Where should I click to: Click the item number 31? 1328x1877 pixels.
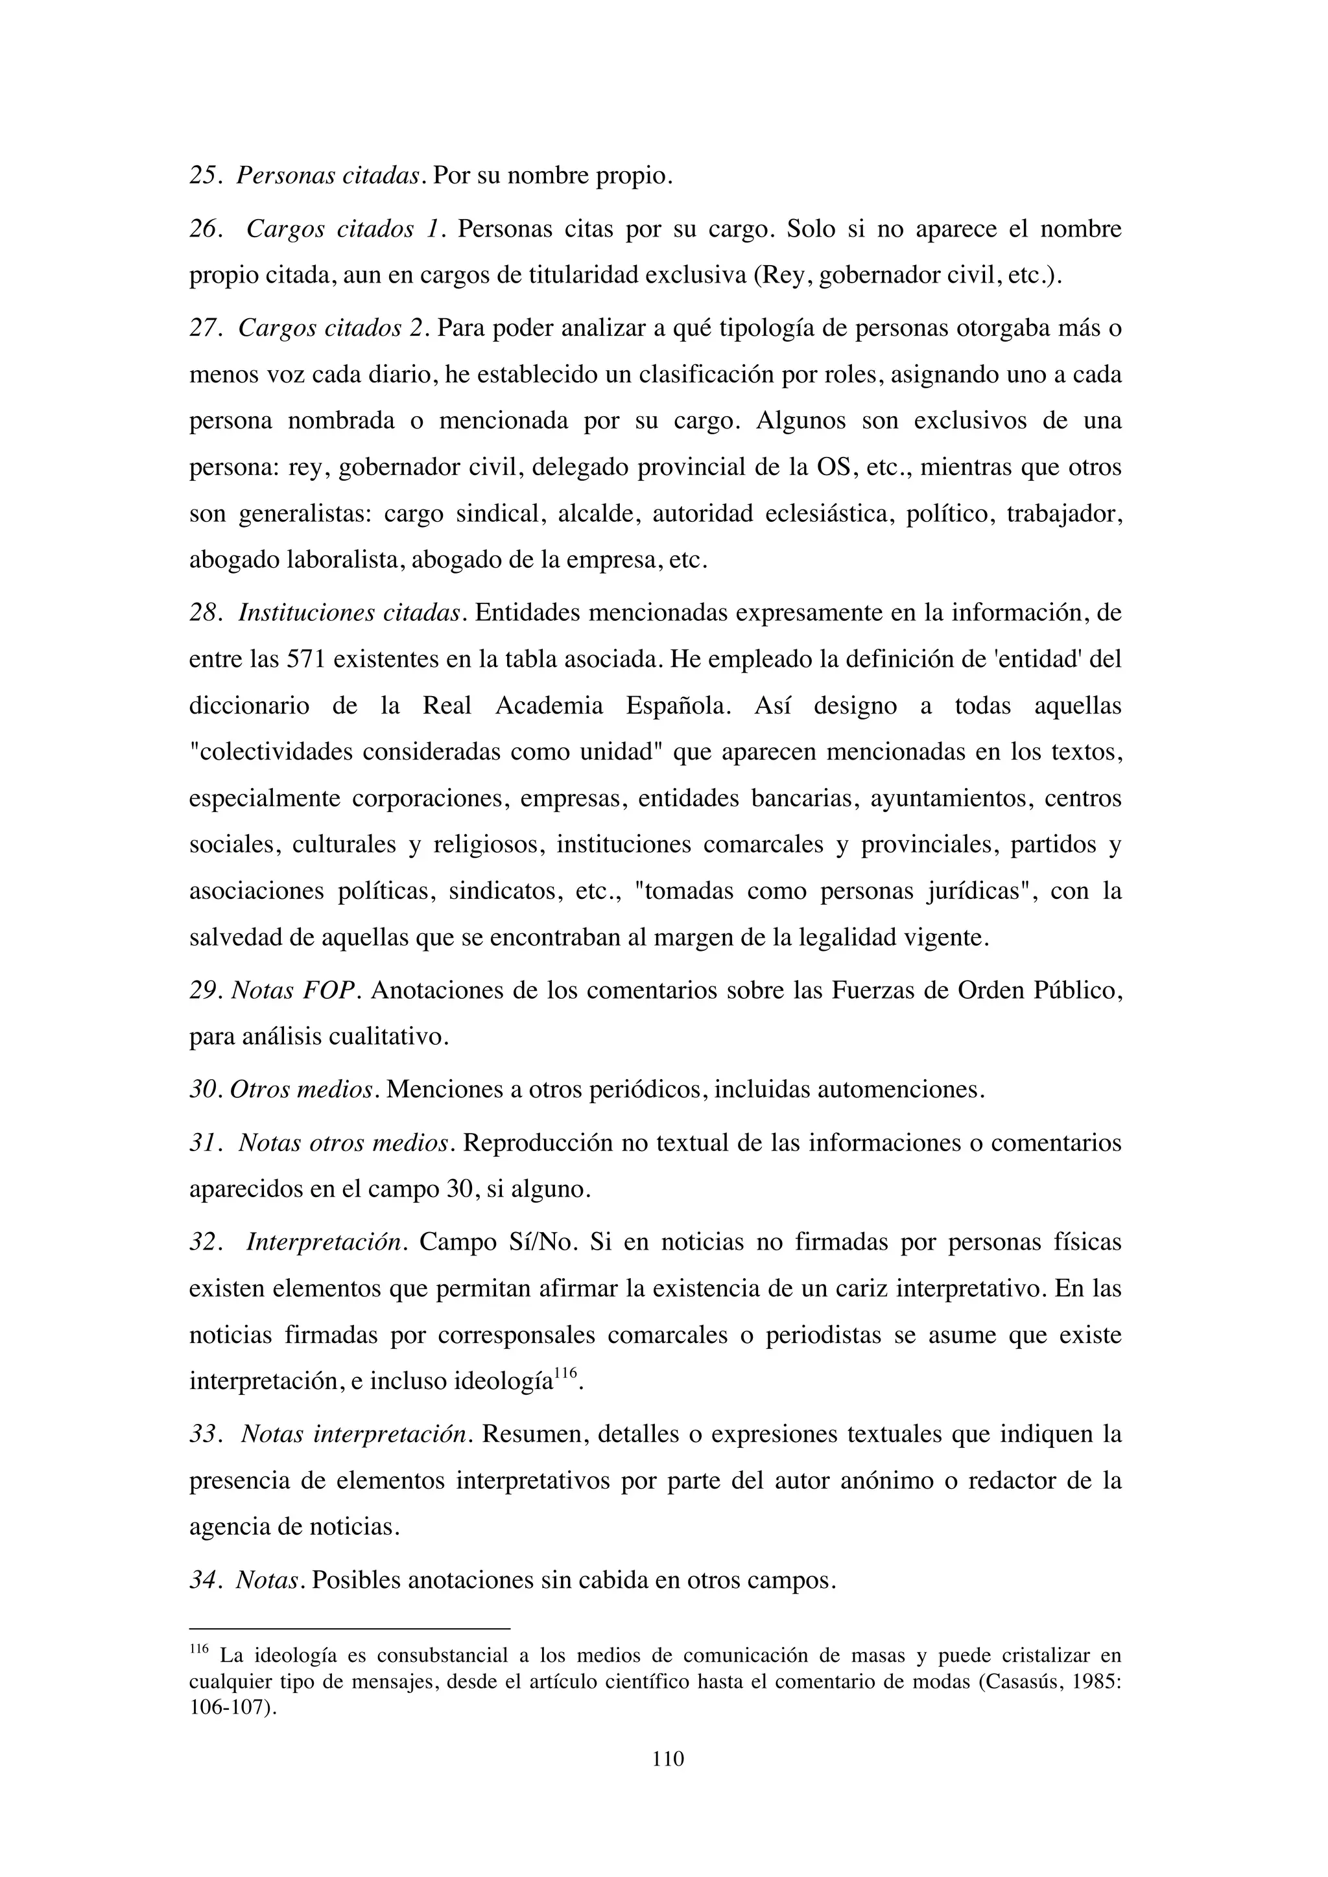[x=206, y=1143]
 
